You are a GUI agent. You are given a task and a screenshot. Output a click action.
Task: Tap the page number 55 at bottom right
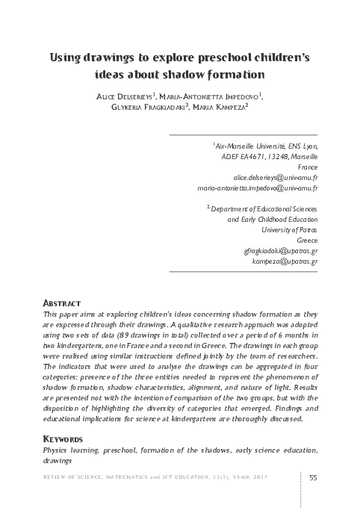(313, 478)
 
